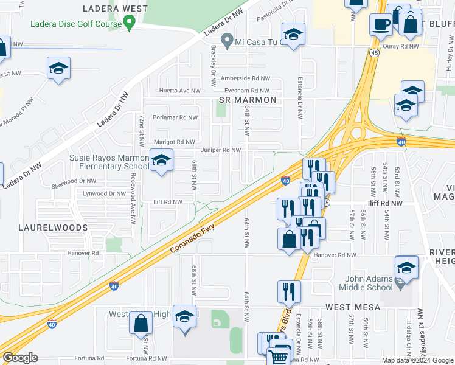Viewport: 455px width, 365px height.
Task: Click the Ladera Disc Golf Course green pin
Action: click(128, 23)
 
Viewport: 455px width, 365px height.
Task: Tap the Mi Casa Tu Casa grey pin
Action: click(227, 42)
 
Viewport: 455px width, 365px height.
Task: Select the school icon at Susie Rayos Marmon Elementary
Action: click(161, 161)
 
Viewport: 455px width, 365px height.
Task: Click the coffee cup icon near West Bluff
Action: click(381, 25)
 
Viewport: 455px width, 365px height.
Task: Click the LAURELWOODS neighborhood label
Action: click(52, 228)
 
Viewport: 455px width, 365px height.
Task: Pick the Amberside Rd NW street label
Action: click(245, 78)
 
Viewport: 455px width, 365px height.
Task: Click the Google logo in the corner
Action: click(20, 358)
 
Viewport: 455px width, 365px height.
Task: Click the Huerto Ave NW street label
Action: click(179, 91)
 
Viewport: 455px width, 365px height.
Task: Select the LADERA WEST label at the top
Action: click(116, 9)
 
